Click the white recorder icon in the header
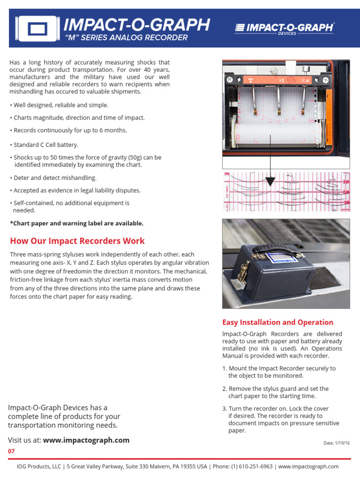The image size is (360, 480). [x=37, y=29]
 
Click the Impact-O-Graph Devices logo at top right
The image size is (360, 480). [x=284, y=29]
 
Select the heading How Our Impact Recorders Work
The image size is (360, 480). [x=77, y=241]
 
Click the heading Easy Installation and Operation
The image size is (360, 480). [x=277, y=322]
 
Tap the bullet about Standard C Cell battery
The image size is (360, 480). [x=45, y=145]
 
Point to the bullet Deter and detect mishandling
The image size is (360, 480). [x=54, y=178]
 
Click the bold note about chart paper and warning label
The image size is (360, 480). [x=76, y=223]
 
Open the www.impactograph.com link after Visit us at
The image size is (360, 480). [x=86, y=440]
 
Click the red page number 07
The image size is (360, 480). [x=11, y=451]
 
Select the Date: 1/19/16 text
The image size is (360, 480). [x=337, y=443]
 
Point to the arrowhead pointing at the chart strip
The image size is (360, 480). [x=270, y=181]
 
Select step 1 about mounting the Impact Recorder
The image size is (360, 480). [x=279, y=372]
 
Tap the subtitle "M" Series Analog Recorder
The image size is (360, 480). [x=126, y=38]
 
